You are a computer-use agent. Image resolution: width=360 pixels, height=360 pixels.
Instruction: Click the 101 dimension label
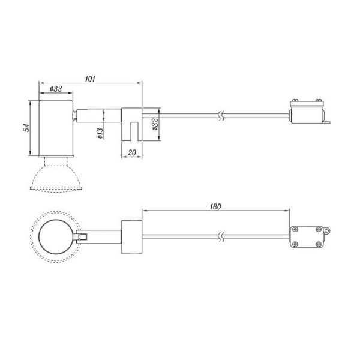(91, 79)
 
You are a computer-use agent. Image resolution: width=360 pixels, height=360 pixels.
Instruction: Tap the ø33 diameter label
(56, 89)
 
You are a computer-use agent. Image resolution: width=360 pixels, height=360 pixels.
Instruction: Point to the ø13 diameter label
(100, 134)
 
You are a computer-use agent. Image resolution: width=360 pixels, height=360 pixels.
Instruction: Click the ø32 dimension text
(155, 125)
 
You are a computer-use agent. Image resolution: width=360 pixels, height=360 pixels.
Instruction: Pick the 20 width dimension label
(131, 153)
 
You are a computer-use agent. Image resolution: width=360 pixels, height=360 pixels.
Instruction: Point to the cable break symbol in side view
(222, 115)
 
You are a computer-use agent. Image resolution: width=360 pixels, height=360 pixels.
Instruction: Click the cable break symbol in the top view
(222, 236)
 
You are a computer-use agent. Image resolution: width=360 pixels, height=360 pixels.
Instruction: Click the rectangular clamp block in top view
(131, 236)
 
